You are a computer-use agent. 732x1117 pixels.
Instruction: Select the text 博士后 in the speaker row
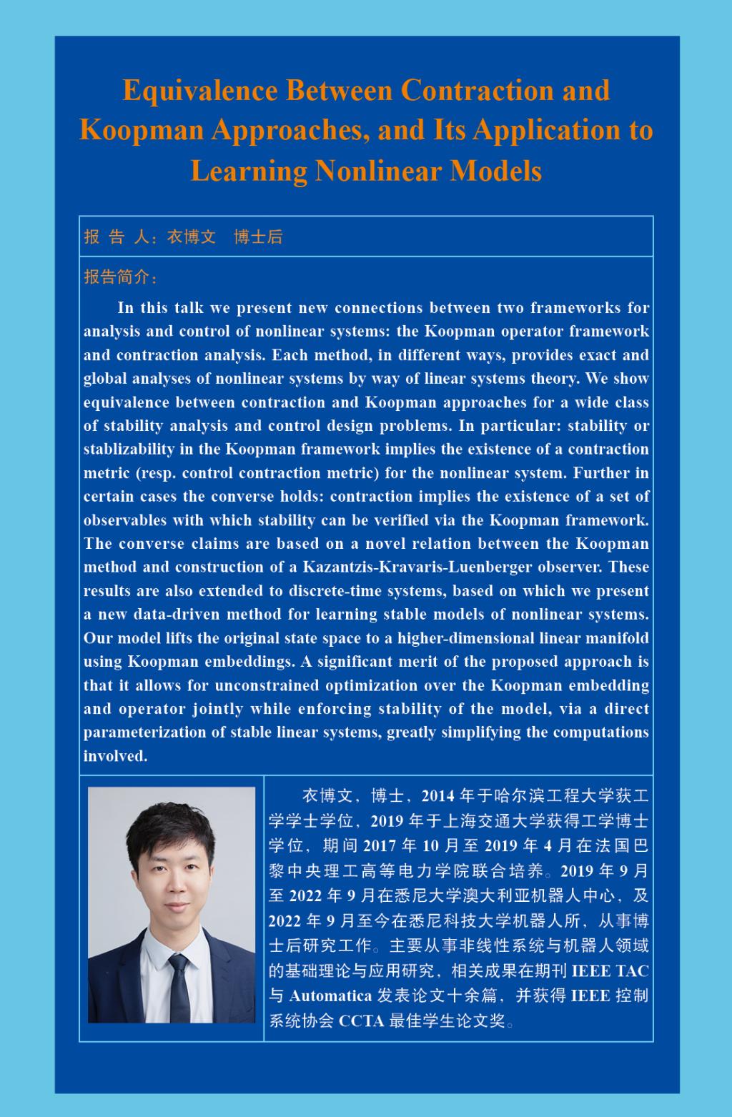258,237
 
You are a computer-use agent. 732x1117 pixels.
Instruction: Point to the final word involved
115,756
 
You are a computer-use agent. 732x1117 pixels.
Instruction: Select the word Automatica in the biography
330,996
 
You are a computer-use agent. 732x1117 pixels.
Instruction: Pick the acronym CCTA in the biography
361,1021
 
